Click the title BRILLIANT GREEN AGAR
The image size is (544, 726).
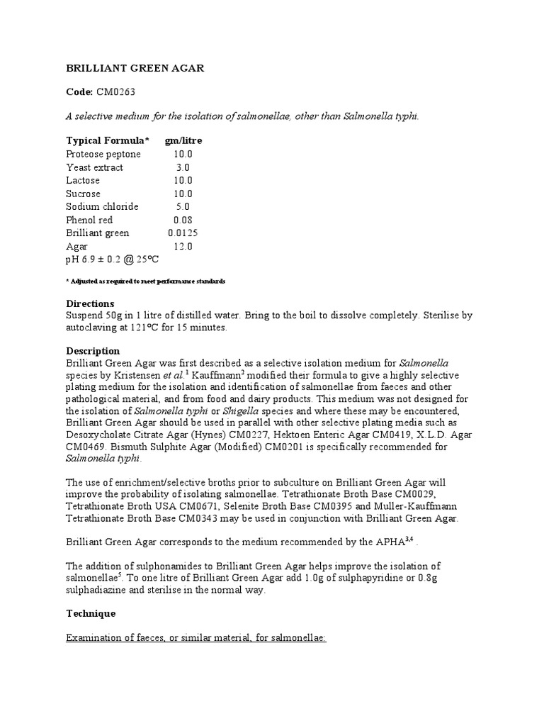135,68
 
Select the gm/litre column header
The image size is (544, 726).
183,140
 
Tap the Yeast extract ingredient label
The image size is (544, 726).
94,167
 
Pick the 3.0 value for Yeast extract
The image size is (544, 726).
183,167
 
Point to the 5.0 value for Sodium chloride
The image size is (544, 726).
183,207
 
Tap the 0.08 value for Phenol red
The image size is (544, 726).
183,220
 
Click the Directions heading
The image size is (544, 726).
90,303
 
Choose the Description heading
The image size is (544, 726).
93,351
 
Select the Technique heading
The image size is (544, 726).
91,613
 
